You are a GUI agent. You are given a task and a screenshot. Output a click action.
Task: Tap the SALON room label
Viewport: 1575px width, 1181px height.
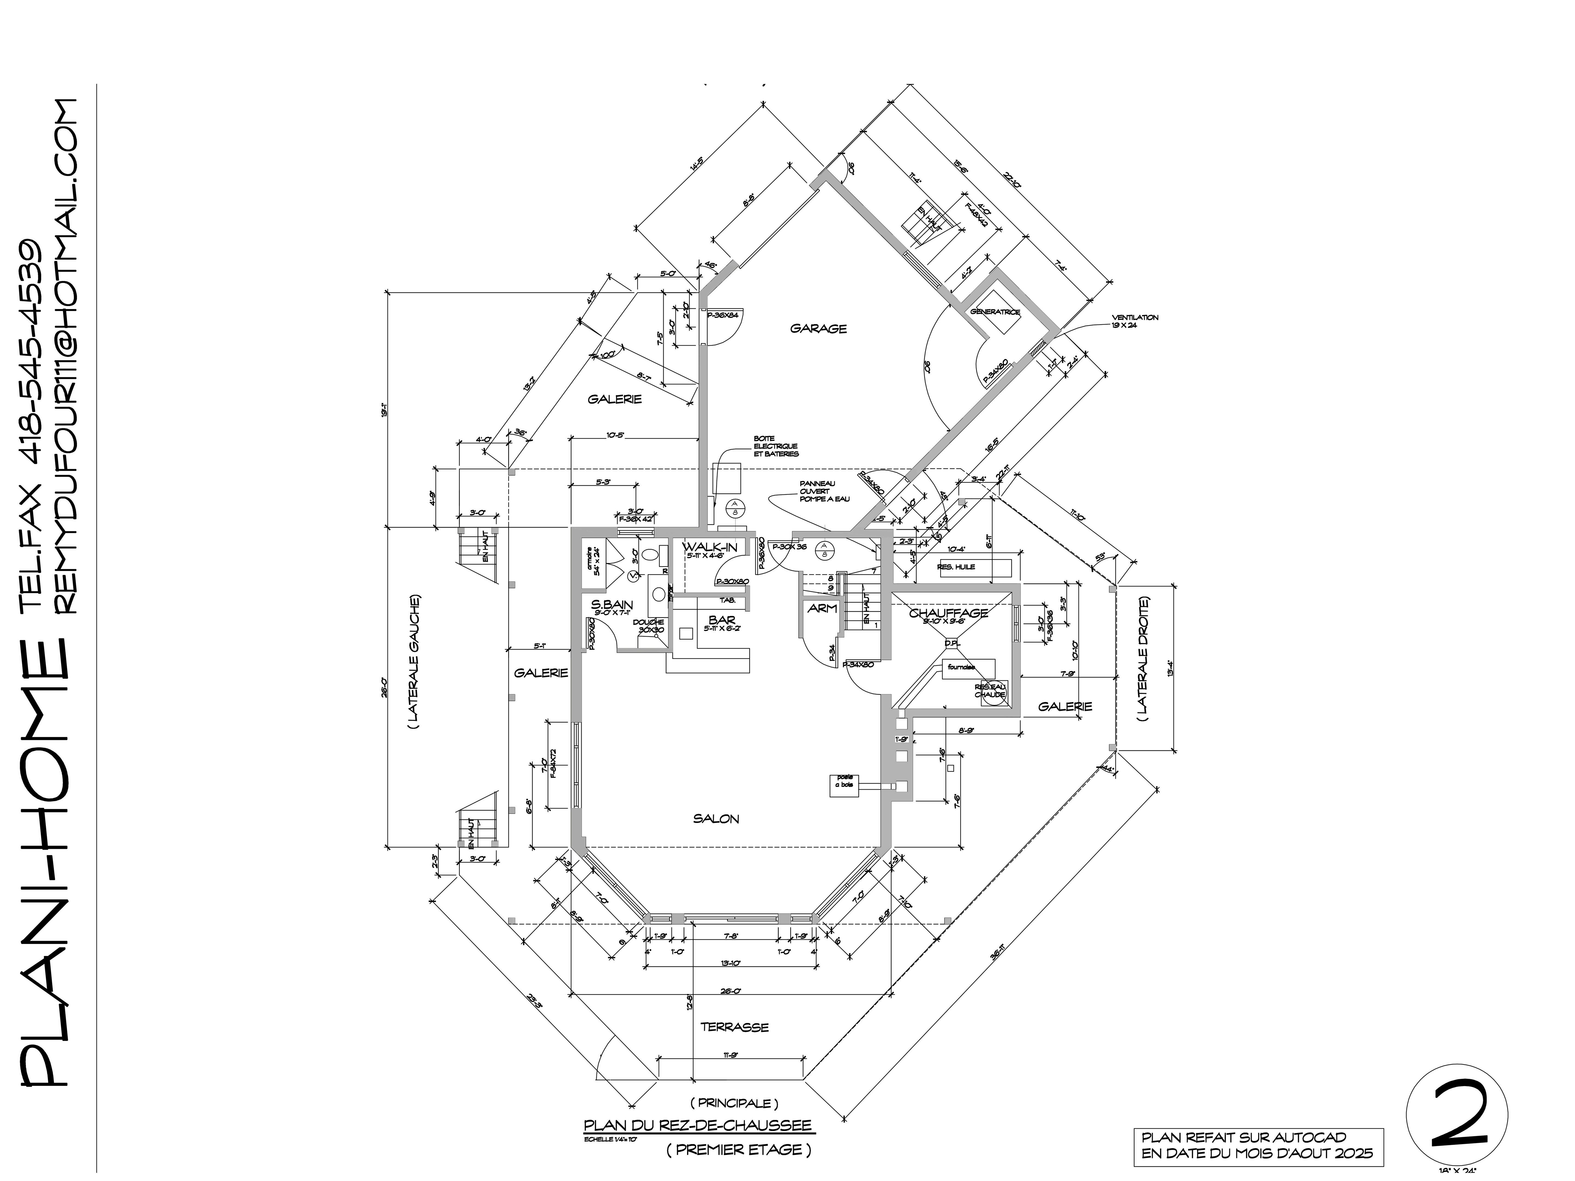(x=716, y=819)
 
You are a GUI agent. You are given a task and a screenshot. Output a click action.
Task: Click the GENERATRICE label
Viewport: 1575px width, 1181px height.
(x=995, y=312)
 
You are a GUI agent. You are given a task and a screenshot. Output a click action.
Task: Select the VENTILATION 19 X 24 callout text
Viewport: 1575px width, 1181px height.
(x=1135, y=321)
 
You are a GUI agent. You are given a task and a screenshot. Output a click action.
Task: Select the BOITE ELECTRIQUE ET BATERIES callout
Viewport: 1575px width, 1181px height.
(x=776, y=446)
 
